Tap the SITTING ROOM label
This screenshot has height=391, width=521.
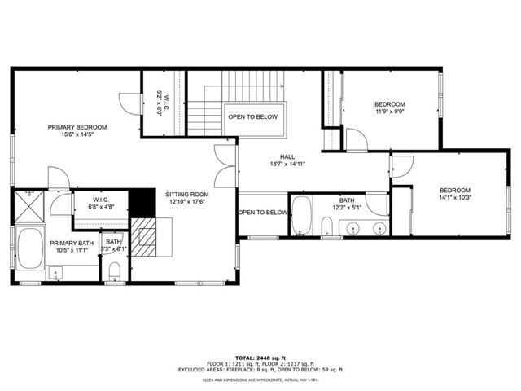187,195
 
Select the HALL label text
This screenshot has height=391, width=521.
287,156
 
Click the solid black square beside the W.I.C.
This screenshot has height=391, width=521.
142,200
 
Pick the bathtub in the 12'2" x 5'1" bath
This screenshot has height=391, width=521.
300,214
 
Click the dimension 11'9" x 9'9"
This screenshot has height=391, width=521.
389,113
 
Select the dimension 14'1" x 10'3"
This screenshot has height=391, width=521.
455,195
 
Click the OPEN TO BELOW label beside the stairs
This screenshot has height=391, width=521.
252,117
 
